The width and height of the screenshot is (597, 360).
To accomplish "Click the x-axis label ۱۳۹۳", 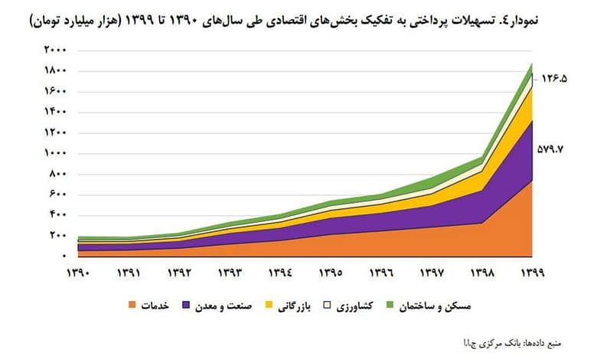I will tap(230, 271).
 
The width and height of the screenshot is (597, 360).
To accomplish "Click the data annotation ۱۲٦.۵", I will tap(559, 78).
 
